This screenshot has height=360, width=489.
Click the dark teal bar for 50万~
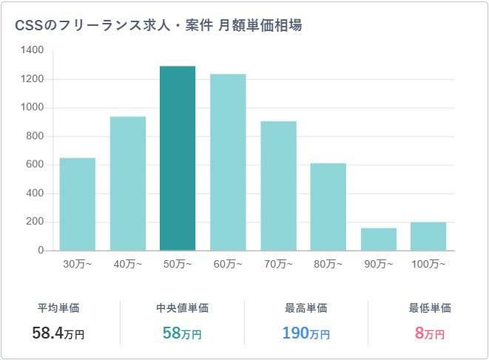178,158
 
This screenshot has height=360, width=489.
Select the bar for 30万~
77,204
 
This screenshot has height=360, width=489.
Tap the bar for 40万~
127,183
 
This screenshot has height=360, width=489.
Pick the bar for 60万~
228,162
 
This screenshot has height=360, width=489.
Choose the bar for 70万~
278,186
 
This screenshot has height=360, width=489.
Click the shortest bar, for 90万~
378,239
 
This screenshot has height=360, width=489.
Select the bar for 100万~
428,236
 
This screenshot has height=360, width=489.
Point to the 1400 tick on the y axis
33,50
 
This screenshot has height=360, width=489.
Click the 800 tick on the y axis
36,136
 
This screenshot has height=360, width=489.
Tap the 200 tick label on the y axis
36,222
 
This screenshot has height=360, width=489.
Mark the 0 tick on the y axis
41,251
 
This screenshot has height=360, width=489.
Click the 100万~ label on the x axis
428,264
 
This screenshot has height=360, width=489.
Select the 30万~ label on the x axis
77,264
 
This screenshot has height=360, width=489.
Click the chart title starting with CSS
158,25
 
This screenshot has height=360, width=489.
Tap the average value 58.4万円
58,333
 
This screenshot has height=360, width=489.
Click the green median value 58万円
182,333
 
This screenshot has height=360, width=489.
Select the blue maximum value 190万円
306,333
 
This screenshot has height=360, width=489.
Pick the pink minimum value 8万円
430,333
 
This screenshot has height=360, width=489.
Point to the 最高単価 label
306,308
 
